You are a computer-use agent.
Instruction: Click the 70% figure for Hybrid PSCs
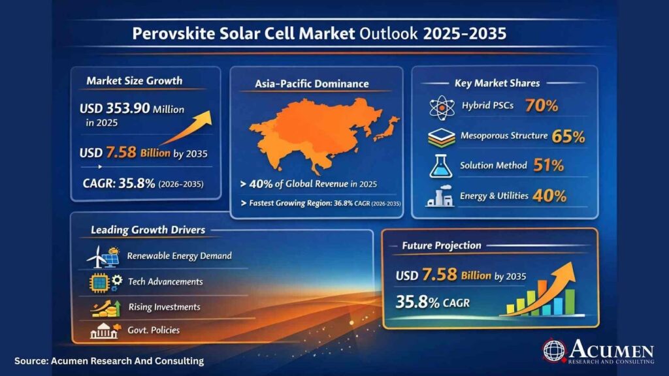pyautogui.click(x=542, y=105)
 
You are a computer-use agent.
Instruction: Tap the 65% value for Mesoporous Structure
pyautogui.click(x=568, y=136)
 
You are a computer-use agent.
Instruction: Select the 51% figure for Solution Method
pyautogui.click(x=548, y=165)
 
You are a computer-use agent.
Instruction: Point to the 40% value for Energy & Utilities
pyautogui.click(x=549, y=196)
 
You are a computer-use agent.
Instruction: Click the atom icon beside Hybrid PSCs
pyautogui.click(x=442, y=108)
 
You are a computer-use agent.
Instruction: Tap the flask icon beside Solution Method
pyautogui.click(x=441, y=166)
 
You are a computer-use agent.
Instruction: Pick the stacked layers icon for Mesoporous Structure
pyautogui.click(x=442, y=138)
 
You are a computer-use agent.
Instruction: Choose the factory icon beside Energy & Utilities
pyautogui.click(x=440, y=196)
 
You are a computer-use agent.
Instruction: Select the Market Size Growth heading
pyautogui.click(x=135, y=80)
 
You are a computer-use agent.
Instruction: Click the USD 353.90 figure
pyautogui.click(x=114, y=108)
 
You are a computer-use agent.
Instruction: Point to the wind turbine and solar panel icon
pyautogui.click(x=103, y=257)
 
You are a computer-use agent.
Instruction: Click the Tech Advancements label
pyautogui.click(x=165, y=281)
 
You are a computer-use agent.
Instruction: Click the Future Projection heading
pyautogui.click(x=442, y=245)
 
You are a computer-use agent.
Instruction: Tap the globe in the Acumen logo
pyautogui.click(x=554, y=351)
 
